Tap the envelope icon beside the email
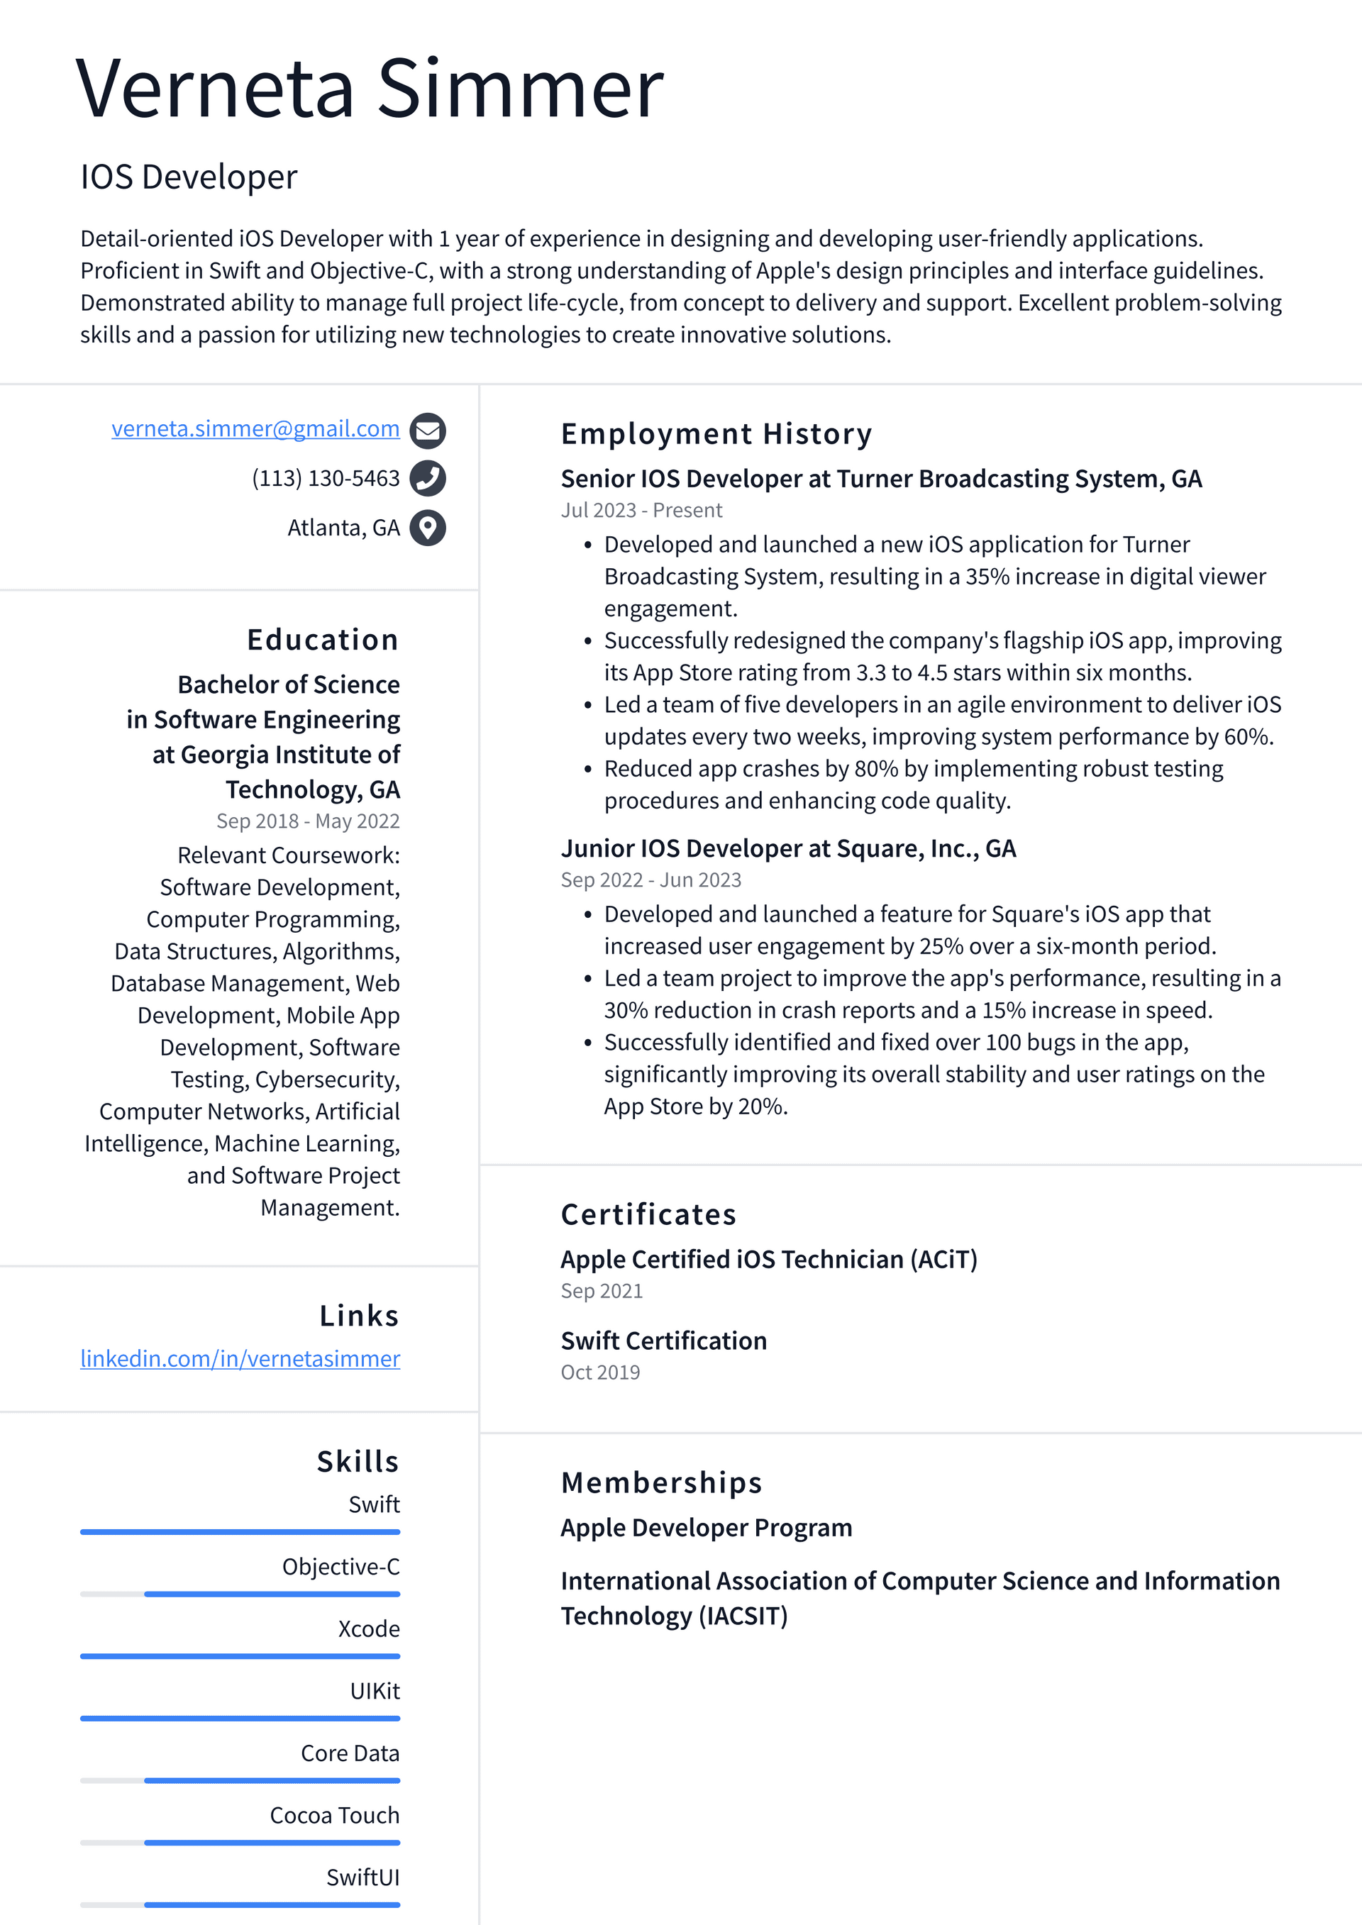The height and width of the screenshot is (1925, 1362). coord(428,431)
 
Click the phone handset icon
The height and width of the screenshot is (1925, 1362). coord(428,479)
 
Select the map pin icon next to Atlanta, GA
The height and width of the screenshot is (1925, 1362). coord(428,528)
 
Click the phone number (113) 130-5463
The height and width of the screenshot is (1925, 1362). coord(326,479)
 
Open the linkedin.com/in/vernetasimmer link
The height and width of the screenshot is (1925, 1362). coord(240,1358)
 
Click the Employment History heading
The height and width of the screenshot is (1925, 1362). coord(716,434)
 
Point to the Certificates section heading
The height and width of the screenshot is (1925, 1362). coord(648,1215)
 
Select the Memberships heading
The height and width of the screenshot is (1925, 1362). coord(661,1483)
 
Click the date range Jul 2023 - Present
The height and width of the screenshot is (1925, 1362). coord(641,511)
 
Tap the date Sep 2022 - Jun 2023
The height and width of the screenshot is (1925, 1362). coord(650,880)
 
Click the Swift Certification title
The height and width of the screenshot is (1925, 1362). coord(663,1341)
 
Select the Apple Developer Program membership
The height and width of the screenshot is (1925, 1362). coord(706,1529)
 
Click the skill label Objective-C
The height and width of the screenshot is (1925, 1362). coord(340,1567)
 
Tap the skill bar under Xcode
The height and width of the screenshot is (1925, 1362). coord(240,1657)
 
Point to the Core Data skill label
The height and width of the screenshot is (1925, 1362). coord(350,1753)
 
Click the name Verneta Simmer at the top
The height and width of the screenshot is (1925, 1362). coord(370,88)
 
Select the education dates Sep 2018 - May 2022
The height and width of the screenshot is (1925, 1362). coord(308,821)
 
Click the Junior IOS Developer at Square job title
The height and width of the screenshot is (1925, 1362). coord(788,849)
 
